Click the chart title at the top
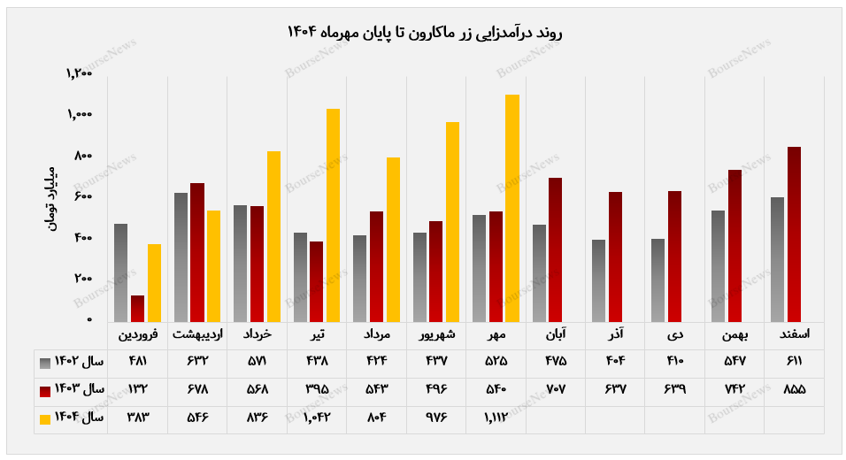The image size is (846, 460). click(x=424, y=33)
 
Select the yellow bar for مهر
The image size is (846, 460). click(x=511, y=208)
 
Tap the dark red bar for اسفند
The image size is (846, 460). click(x=794, y=234)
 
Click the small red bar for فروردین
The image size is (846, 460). click(x=137, y=308)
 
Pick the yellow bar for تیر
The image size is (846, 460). click(x=333, y=215)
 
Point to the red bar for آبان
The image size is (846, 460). click(x=555, y=249)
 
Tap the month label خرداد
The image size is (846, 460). click(x=257, y=335)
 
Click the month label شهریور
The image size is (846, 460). click(x=436, y=335)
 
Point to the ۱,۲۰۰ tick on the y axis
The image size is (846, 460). click(x=80, y=73)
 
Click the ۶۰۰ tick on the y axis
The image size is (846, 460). click(x=83, y=196)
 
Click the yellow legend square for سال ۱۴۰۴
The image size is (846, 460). click(x=45, y=418)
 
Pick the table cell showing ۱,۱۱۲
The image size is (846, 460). click(x=496, y=418)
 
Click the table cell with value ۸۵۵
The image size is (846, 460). click(x=794, y=390)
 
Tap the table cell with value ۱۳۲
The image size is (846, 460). click(x=137, y=390)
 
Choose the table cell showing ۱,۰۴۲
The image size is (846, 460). click(x=316, y=418)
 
